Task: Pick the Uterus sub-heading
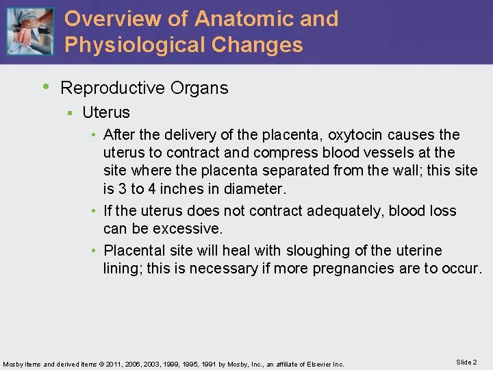(106, 112)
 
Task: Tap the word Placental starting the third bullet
(134, 251)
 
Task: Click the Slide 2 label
(466, 362)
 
